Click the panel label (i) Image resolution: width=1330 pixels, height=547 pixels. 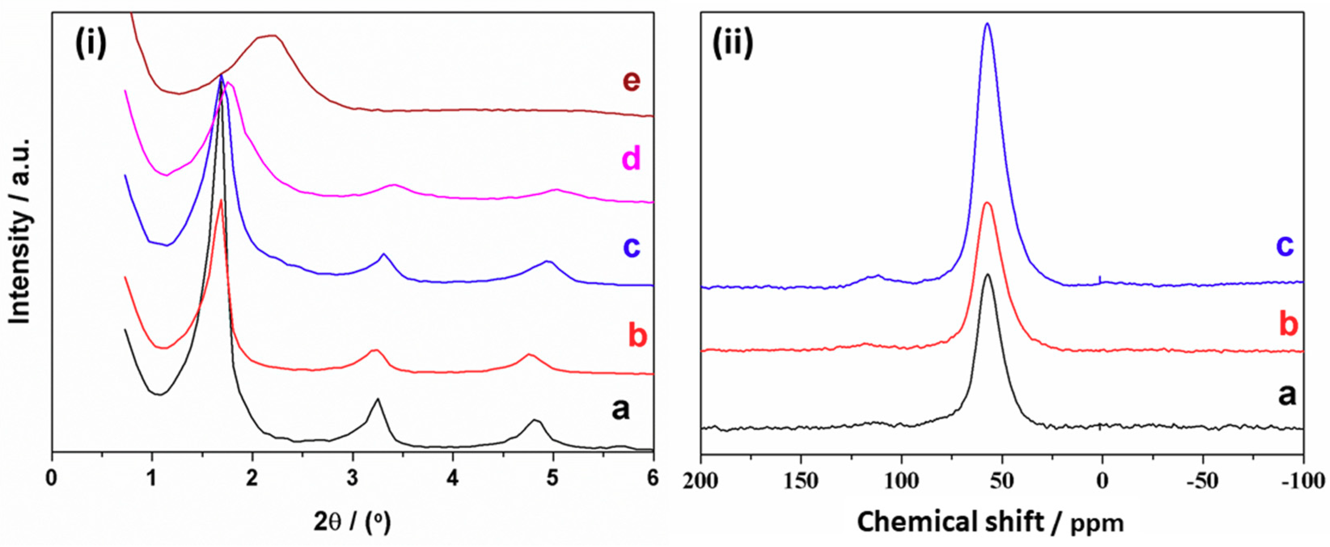[x=91, y=42]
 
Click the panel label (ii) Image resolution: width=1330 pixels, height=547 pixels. [x=733, y=42]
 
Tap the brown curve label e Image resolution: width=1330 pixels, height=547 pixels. [x=625, y=81]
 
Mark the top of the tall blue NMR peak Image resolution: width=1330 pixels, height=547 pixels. [x=987, y=24]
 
